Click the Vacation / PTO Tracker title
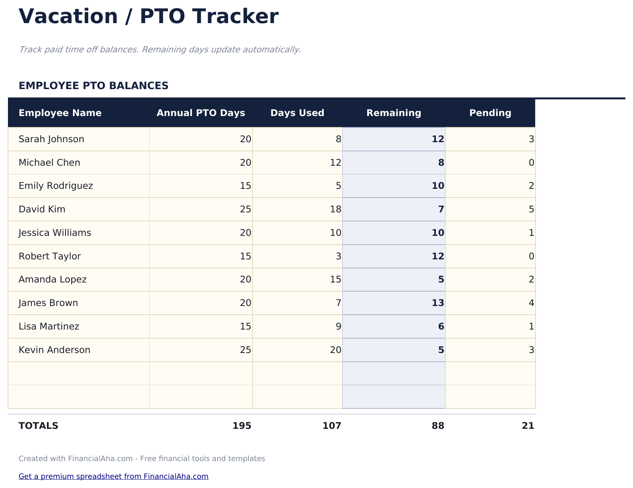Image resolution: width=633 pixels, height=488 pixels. tap(149, 17)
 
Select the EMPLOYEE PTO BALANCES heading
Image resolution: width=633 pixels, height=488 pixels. tap(93, 86)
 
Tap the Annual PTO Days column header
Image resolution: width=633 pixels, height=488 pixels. tap(201, 113)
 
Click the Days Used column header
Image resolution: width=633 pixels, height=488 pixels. tap(297, 113)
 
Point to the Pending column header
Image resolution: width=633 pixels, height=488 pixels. tap(490, 113)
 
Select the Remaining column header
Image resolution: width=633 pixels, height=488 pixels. tap(393, 113)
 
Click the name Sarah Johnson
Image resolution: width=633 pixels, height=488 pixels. tap(52, 139)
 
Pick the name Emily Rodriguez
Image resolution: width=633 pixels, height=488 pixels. tap(56, 186)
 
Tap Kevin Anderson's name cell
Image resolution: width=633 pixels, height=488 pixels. tap(55, 350)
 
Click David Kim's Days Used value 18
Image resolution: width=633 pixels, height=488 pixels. tap(335, 209)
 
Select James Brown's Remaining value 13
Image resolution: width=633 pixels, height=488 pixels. tap(438, 303)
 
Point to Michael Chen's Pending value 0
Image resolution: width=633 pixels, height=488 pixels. tap(531, 163)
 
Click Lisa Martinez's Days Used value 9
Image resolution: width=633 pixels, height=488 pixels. tap(338, 326)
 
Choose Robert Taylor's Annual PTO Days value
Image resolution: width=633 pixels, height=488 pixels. tap(246, 256)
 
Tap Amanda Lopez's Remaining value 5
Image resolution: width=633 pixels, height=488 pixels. tap(441, 279)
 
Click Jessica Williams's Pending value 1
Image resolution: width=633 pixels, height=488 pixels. tap(531, 233)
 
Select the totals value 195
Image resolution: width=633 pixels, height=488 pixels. tap(242, 426)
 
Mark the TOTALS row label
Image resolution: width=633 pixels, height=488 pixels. tap(38, 426)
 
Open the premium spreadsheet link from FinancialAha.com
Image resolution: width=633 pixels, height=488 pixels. tap(113, 476)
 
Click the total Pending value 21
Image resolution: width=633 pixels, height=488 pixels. tap(528, 426)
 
